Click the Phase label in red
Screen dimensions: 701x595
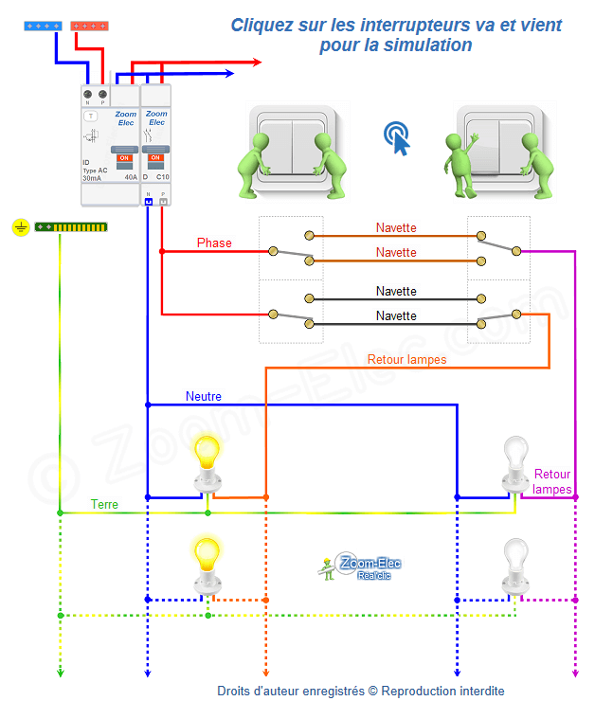[214, 243]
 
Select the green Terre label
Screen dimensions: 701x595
[104, 505]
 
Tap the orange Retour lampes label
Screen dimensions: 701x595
[406, 359]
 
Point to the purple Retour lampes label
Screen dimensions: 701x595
[552, 481]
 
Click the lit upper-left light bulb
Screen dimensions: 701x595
[206, 460]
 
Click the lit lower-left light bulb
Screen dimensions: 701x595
[206, 562]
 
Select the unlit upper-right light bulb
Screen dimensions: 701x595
[515, 460]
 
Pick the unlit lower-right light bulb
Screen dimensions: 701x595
[515, 562]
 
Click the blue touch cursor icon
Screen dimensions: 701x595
[399, 138]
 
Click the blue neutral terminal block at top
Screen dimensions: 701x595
[42, 26]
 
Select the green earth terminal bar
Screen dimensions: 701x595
[71, 226]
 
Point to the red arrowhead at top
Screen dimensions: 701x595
[255, 63]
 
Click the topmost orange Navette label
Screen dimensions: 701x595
[396, 228]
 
